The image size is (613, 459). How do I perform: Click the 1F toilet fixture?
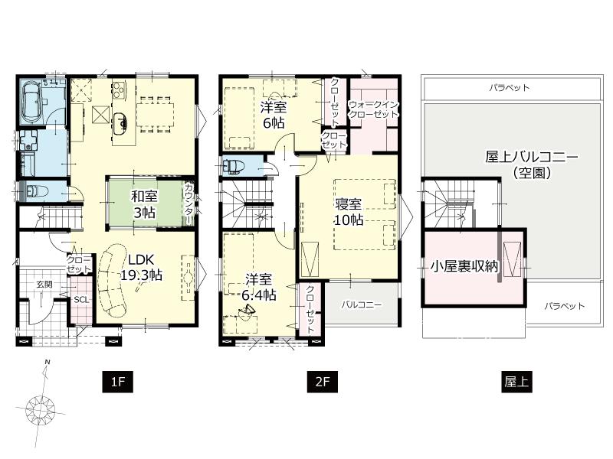pos(34,190)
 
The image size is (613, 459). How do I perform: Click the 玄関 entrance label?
pos(43,285)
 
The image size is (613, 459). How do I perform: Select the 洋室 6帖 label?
pos(273,113)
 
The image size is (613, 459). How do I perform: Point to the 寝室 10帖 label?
pos(349,211)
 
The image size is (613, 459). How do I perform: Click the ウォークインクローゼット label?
pos(373,109)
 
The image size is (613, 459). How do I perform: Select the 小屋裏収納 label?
pos(464,267)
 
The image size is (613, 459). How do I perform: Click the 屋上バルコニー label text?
pos(531,158)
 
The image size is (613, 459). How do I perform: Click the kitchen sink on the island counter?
pos(121,122)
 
